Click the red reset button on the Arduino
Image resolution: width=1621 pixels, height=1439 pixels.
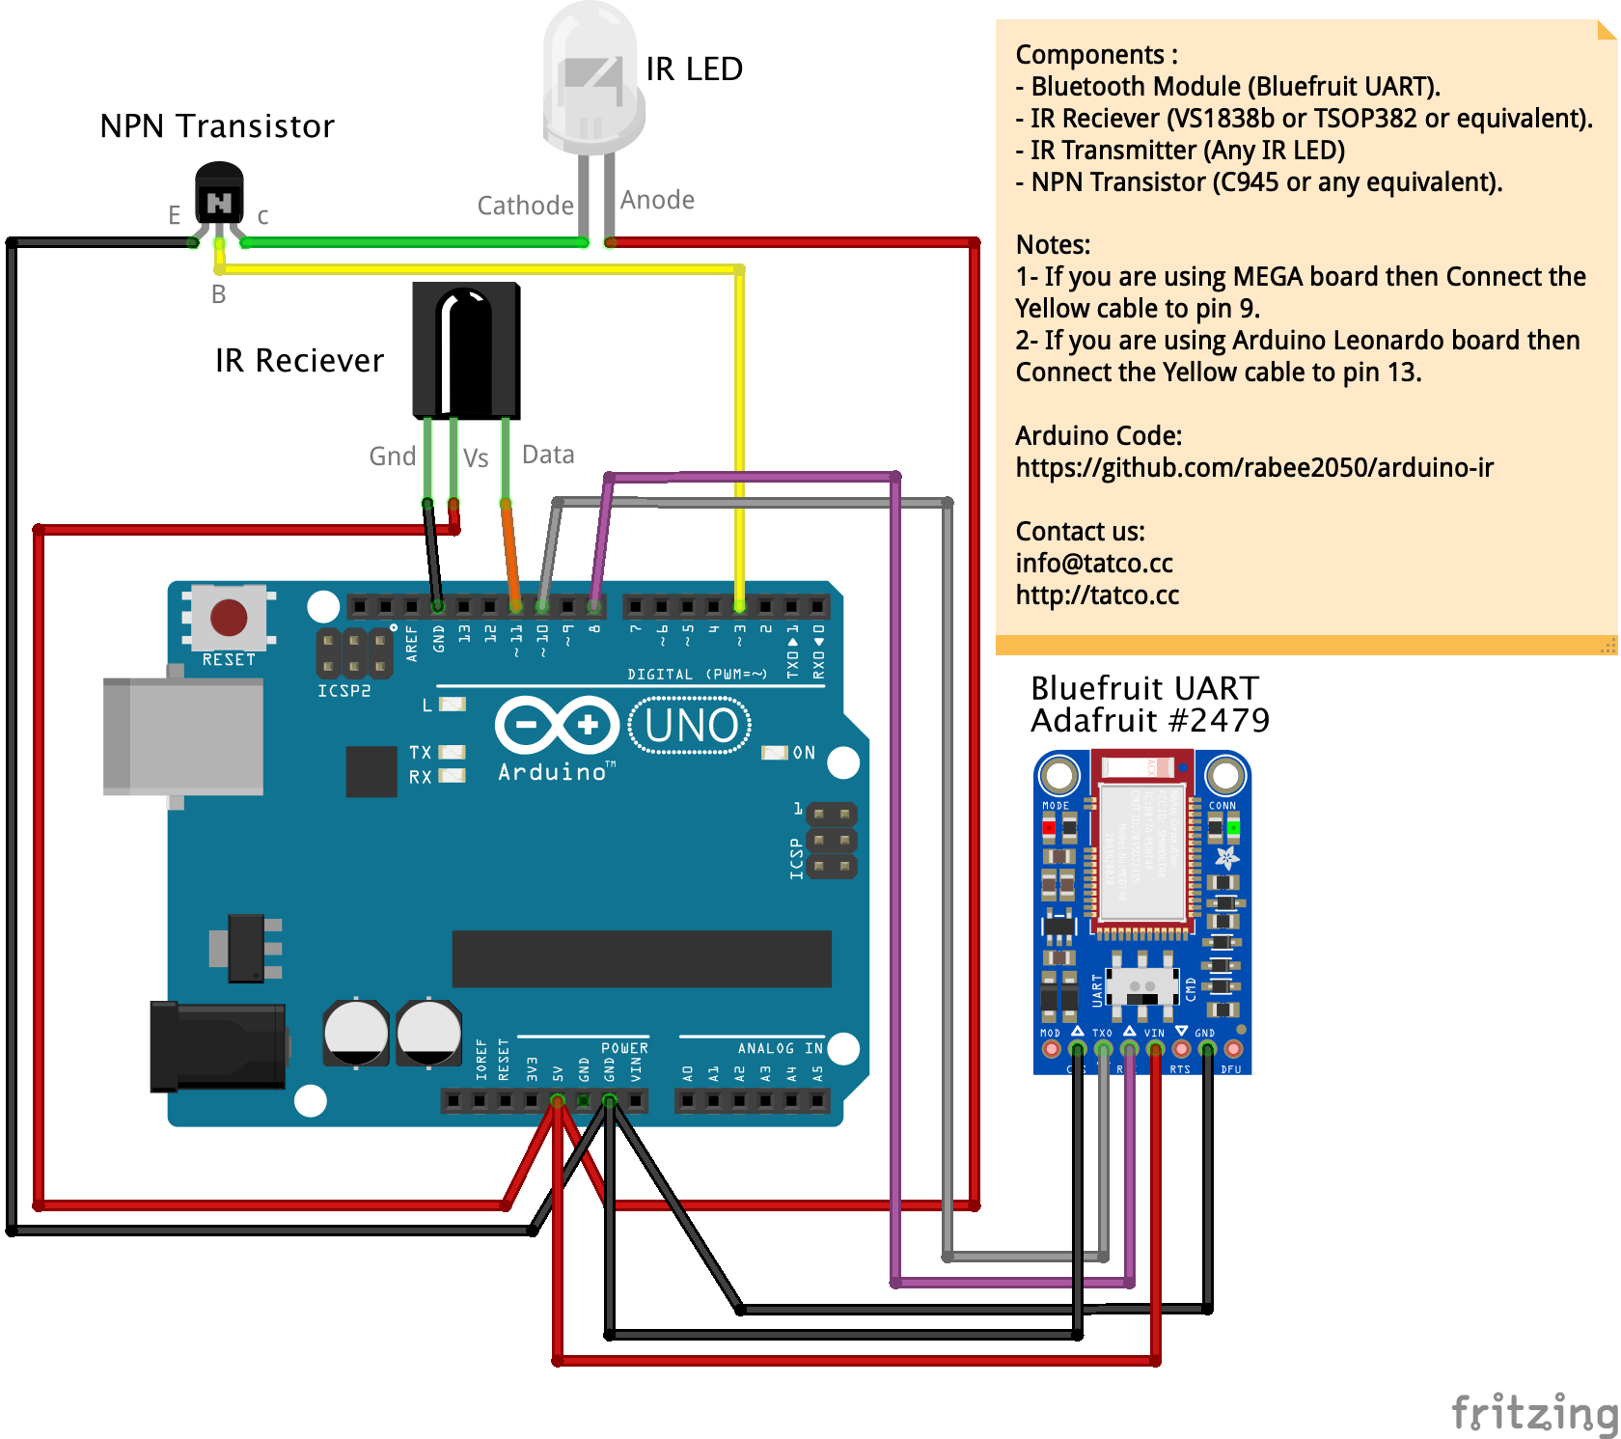coord(229,618)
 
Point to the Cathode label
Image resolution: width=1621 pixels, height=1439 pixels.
coord(525,206)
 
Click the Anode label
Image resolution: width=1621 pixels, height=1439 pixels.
coord(657,200)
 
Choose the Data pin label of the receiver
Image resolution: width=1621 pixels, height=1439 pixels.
coord(548,455)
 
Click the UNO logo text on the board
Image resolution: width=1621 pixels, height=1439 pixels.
coord(690,726)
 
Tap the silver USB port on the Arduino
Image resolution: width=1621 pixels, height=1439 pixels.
coord(183,736)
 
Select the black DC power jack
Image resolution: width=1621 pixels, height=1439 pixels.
coord(218,1047)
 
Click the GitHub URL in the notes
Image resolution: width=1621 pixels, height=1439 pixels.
coord(1253,468)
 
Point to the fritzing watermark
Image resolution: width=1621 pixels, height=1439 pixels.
coord(1533,1413)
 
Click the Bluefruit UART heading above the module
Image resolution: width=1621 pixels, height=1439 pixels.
coord(1144,688)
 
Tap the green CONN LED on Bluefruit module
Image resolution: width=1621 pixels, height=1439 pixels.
coord(1233,828)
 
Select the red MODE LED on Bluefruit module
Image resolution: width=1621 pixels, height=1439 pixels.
coord(1049,828)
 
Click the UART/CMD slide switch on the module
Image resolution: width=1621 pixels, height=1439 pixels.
coord(1142,986)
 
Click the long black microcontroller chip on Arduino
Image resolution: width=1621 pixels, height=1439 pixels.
coord(642,958)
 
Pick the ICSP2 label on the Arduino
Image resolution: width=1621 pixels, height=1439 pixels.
coord(343,691)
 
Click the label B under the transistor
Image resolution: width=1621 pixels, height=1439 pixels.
coord(219,294)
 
